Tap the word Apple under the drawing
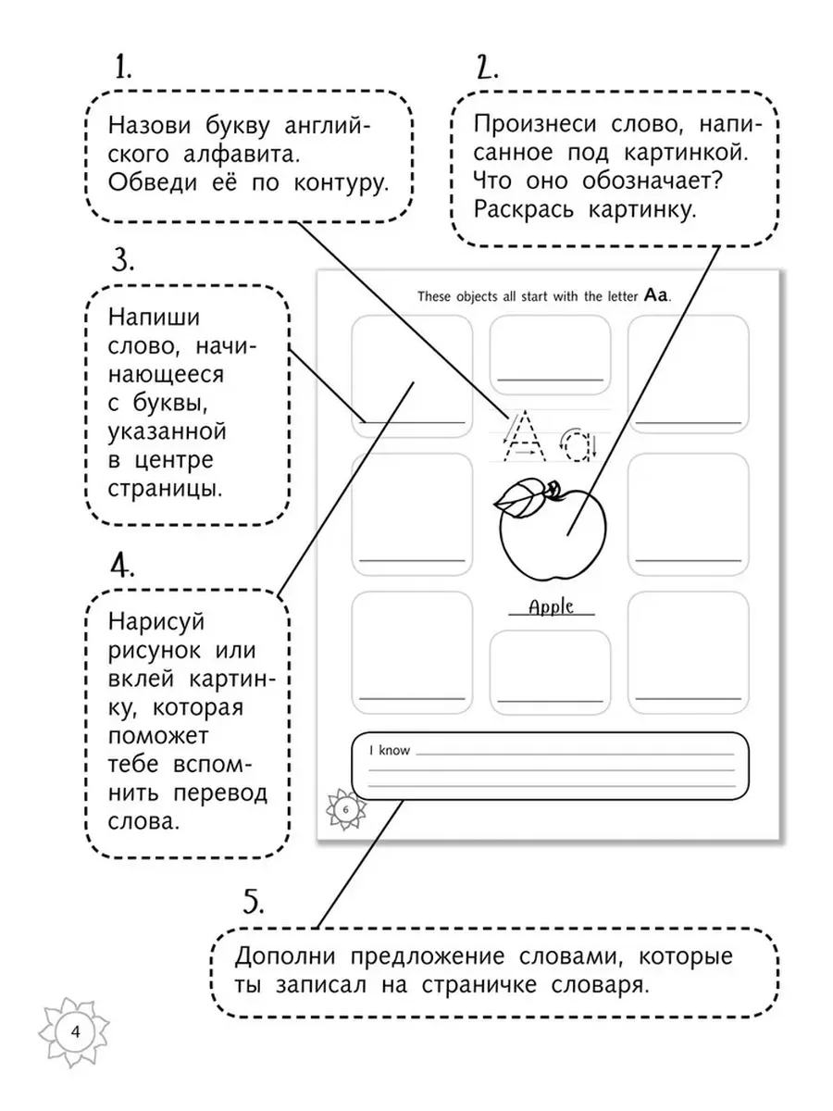(x=551, y=606)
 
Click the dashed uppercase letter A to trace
(x=525, y=436)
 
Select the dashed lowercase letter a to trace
(x=578, y=445)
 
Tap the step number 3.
(x=123, y=261)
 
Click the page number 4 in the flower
(x=75, y=1031)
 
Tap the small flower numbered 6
(x=346, y=809)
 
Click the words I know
(x=390, y=750)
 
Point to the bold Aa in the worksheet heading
(x=656, y=295)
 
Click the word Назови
(x=149, y=126)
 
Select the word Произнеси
(x=535, y=124)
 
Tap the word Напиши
(x=154, y=318)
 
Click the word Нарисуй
(x=155, y=621)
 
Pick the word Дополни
(x=285, y=956)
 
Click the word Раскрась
(x=524, y=210)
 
